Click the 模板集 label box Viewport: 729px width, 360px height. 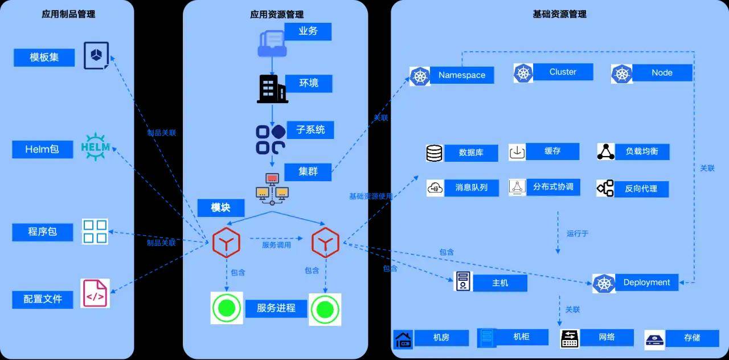44,58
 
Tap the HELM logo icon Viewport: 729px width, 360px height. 96,147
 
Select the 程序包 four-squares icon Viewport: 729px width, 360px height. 95,231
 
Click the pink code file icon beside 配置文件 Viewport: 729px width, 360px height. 95,294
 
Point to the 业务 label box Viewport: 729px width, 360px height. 308,31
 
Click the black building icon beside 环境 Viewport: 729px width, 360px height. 272,88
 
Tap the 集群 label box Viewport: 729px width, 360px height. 308,171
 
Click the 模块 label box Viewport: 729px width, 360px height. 220,207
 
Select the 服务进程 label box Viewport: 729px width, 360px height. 276,308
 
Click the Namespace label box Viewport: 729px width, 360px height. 462,75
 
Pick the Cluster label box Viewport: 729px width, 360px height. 563,72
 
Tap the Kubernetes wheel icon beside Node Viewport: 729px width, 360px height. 622,73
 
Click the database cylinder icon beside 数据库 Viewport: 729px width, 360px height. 435,153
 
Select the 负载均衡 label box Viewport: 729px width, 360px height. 641,152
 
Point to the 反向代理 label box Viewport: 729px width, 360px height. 641,189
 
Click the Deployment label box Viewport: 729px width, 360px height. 646,283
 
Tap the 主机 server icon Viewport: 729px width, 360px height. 463,281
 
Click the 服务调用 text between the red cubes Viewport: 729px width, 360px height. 276,245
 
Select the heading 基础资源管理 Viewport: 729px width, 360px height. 559,14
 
